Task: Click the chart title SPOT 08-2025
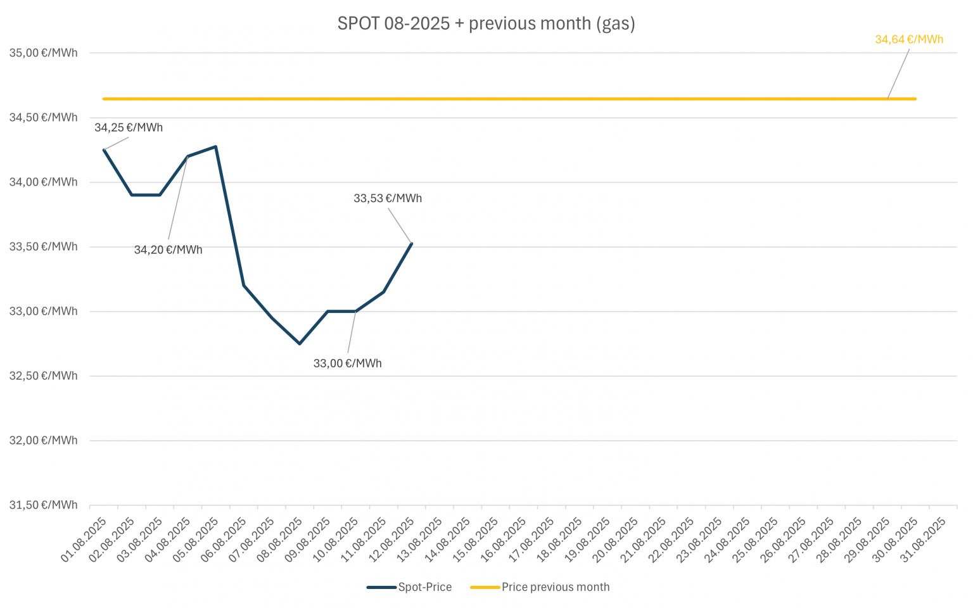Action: click(486, 23)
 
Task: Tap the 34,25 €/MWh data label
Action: click(129, 127)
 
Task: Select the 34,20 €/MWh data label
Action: click(168, 250)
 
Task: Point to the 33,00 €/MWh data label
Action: click(347, 364)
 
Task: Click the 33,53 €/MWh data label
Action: click(388, 198)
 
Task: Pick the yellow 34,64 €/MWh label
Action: click(909, 39)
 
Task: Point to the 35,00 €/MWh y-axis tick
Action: click(43, 53)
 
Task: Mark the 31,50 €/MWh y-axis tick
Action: click(43, 505)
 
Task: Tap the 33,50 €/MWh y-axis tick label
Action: click(43, 246)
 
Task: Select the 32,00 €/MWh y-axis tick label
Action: click(43, 440)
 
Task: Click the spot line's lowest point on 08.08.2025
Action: click(300, 343)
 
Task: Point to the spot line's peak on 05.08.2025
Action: click(216, 146)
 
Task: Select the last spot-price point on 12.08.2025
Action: click(412, 243)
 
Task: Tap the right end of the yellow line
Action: click(915, 99)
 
